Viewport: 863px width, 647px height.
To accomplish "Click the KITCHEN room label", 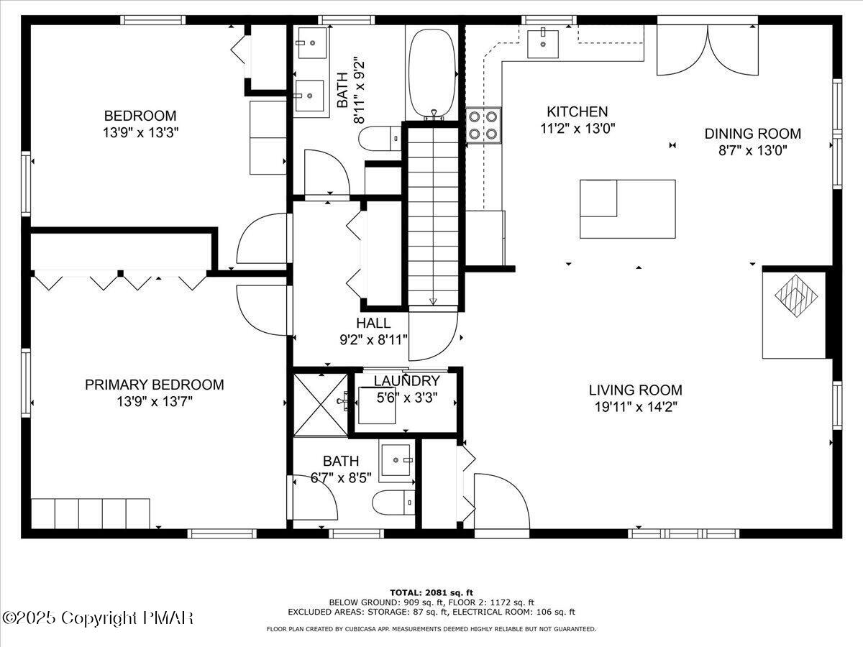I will tap(577, 111).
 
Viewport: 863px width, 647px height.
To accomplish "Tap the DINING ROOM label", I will tap(752, 133).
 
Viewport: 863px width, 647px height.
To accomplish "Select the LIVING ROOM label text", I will tap(635, 390).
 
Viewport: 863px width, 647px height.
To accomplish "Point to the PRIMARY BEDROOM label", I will tap(154, 385).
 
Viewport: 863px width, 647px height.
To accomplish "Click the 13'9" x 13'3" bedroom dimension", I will tap(140, 132).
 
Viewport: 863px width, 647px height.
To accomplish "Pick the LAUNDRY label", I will tap(406, 381).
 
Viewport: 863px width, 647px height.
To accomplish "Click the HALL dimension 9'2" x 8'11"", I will tap(373, 339).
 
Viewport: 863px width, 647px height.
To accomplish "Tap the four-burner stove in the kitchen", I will tap(484, 124).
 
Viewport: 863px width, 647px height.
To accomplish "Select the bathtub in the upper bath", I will tap(431, 72).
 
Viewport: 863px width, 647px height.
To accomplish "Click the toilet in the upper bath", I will tap(379, 137).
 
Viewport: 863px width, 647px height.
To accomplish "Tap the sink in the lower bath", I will tap(396, 460).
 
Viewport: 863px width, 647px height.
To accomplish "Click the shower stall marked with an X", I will tap(321, 403).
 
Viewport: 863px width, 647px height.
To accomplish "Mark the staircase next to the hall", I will tap(433, 216).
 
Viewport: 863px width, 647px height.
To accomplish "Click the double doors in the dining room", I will tap(708, 50).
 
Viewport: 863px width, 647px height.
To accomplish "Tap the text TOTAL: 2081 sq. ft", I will tap(431, 592).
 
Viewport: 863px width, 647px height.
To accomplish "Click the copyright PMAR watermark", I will tap(99, 618).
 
